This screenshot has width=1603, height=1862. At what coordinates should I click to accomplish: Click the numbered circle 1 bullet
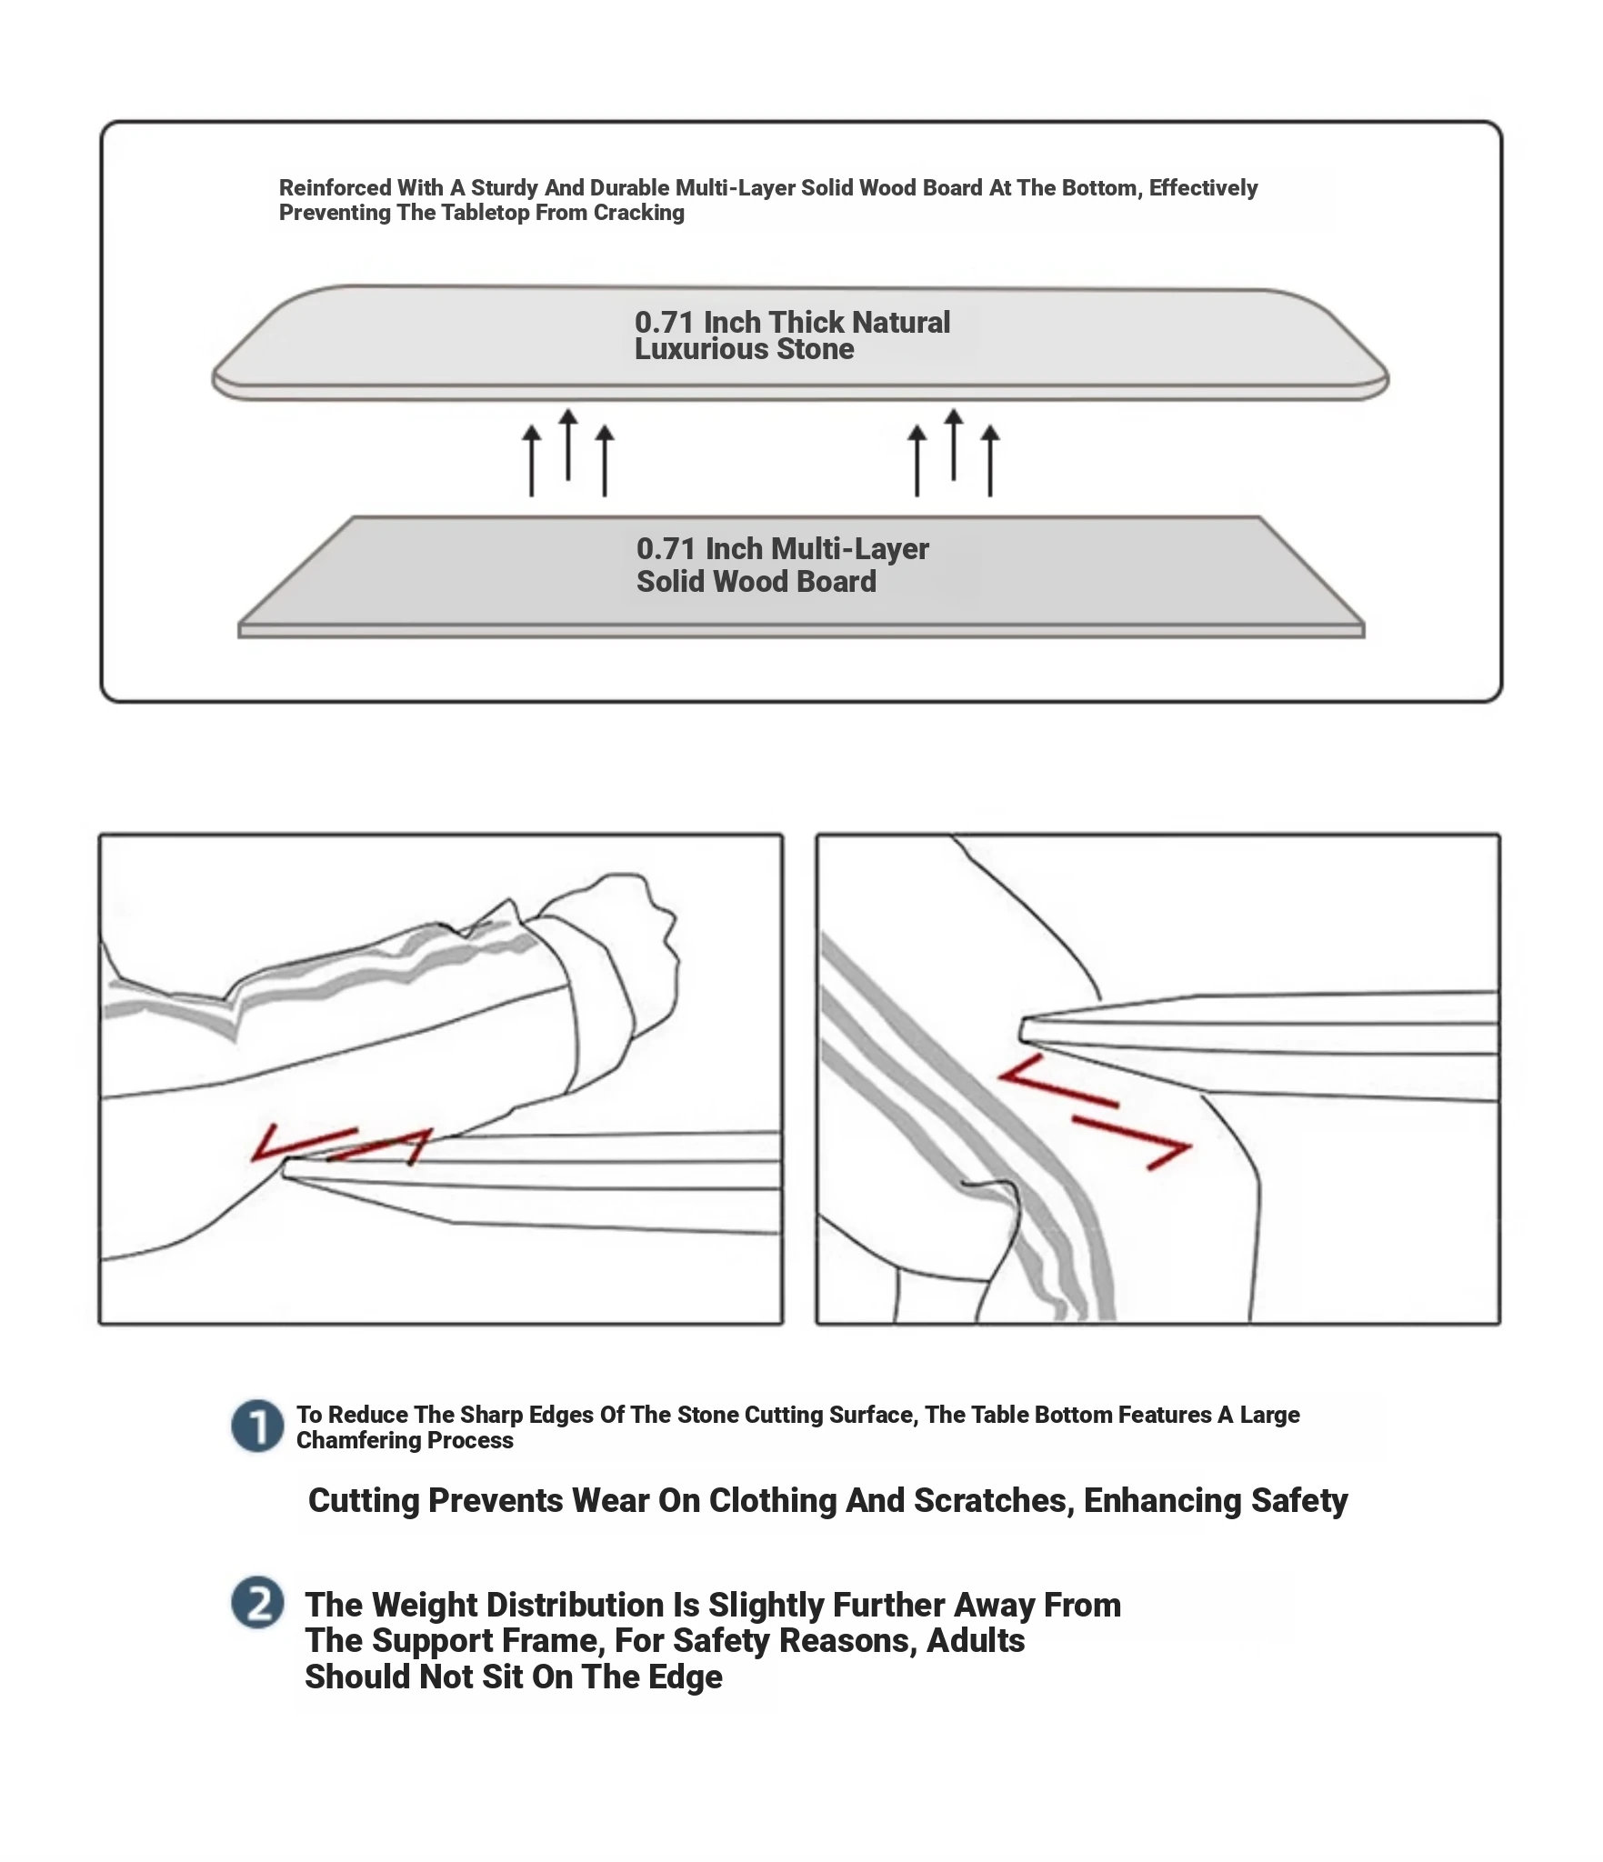coord(257,1426)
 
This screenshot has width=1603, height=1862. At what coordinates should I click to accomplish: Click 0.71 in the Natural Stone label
coord(664,322)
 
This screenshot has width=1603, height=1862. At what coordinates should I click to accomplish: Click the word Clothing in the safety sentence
coord(772,1500)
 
